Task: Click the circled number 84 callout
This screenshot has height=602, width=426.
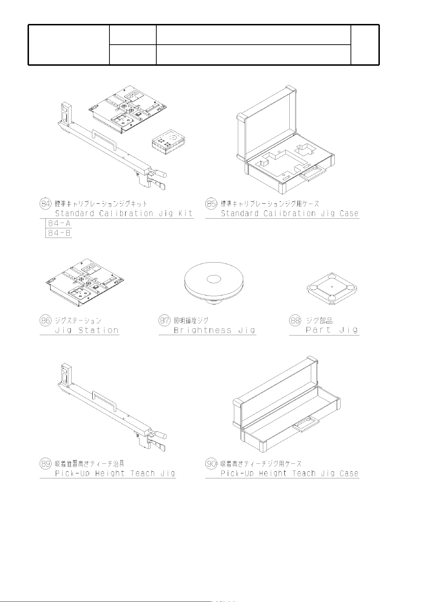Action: [45, 204]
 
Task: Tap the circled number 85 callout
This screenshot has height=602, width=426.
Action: [211, 204]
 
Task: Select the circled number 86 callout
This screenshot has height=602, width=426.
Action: [45, 320]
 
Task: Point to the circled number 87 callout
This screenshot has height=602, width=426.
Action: [165, 320]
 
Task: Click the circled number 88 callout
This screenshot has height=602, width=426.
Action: [295, 320]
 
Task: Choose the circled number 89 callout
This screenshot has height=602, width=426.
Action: [45, 464]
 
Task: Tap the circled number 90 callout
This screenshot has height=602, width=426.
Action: [211, 464]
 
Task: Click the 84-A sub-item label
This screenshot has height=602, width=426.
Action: [59, 223]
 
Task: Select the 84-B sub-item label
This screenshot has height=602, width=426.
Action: [59, 233]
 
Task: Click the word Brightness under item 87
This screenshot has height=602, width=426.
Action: [202, 330]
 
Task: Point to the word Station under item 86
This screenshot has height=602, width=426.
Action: [98, 330]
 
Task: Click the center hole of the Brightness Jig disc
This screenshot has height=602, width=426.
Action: [214, 279]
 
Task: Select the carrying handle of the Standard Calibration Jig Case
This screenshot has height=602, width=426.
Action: [312, 173]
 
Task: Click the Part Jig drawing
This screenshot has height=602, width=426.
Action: [332, 289]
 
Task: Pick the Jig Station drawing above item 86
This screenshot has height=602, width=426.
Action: [85, 282]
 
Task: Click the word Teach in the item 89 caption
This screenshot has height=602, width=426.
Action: [143, 473]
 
